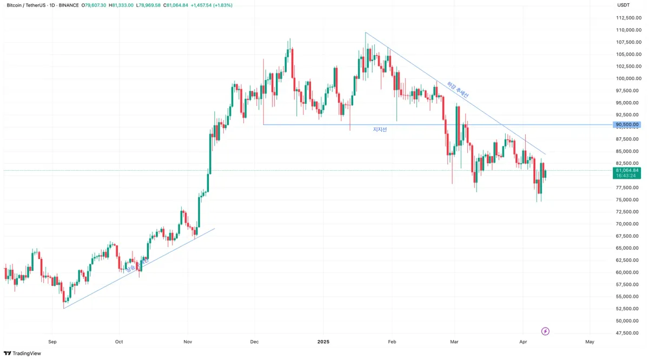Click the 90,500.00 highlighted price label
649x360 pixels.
point(627,125)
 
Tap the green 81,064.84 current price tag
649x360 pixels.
point(627,170)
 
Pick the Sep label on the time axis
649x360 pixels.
point(52,342)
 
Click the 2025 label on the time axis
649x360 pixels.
point(323,342)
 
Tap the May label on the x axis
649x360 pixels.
point(590,342)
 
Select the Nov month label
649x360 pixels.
point(188,342)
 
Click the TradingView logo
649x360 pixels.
point(23,354)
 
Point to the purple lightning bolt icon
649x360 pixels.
point(545,331)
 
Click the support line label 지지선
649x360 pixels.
point(380,130)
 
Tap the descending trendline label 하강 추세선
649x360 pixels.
point(458,90)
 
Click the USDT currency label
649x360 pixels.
point(624,5)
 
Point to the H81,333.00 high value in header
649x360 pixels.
point(121,5)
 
